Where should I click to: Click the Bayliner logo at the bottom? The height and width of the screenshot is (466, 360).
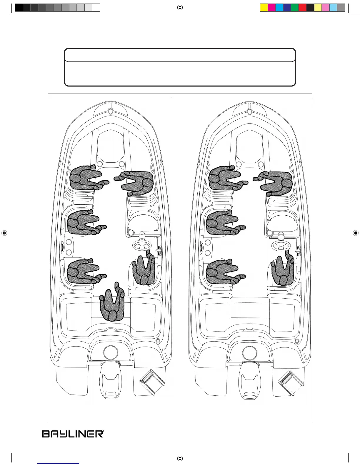pos(73,434)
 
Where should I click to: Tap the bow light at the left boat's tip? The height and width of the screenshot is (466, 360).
pos(110,111)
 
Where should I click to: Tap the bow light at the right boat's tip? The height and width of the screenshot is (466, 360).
pos(249,111)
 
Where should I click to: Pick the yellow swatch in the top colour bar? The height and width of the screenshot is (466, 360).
pos(264,8)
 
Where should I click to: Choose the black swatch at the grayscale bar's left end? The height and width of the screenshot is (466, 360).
pos(19,8)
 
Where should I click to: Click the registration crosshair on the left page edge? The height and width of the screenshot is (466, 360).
pos(4,233)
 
